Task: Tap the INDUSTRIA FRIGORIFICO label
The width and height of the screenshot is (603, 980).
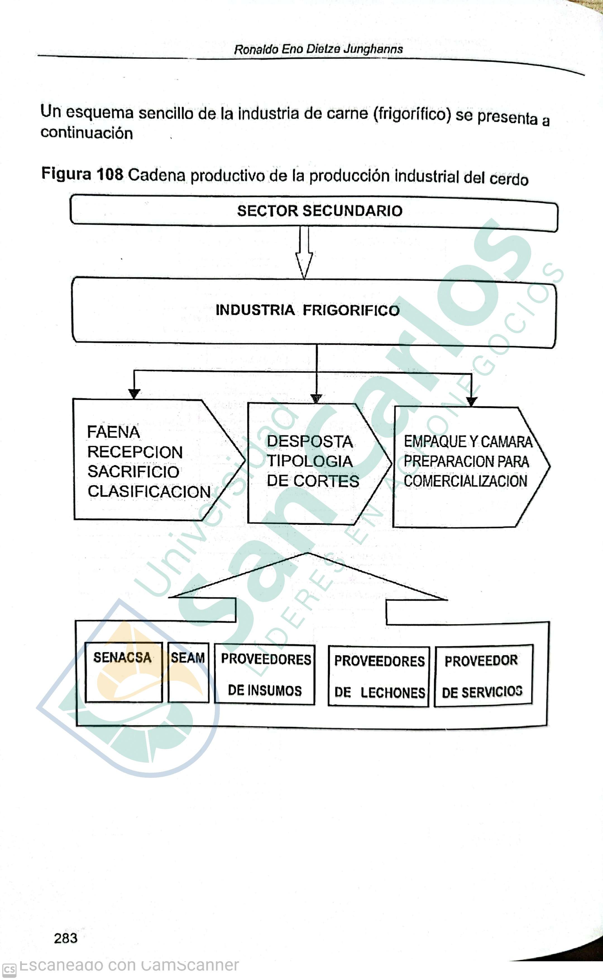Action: point(307,310)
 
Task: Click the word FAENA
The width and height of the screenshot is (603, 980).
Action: point(113,432)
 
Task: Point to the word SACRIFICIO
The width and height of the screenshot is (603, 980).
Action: point(133,471)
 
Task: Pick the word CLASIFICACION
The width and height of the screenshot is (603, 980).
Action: point(149,491)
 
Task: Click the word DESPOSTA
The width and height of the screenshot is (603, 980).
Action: point(310,442)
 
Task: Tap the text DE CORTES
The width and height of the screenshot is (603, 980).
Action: point(313,481)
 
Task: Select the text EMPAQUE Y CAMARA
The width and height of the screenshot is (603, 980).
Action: point(468,442)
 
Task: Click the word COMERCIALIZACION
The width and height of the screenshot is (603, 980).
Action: point(465,481)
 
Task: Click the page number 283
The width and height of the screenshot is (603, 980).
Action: point(66,938)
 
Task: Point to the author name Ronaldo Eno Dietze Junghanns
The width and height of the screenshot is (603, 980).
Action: point(318,49)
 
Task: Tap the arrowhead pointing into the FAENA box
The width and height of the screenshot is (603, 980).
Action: point(134,394)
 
